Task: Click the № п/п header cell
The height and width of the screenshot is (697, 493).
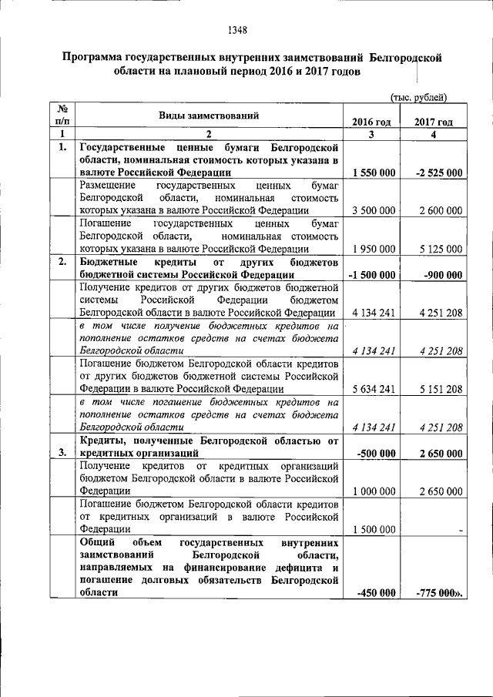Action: [x=62, y=115]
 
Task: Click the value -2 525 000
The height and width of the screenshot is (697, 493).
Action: [x=435, y=173]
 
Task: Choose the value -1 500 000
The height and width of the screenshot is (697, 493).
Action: [x=372, y=274]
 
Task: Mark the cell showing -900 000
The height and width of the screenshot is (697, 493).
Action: [x=440, y=274]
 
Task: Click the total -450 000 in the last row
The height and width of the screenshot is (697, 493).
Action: [x=377, y=592]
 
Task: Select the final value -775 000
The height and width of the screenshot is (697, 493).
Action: [x=438, y=592]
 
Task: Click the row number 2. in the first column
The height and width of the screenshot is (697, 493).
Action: [x=62, y=261]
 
